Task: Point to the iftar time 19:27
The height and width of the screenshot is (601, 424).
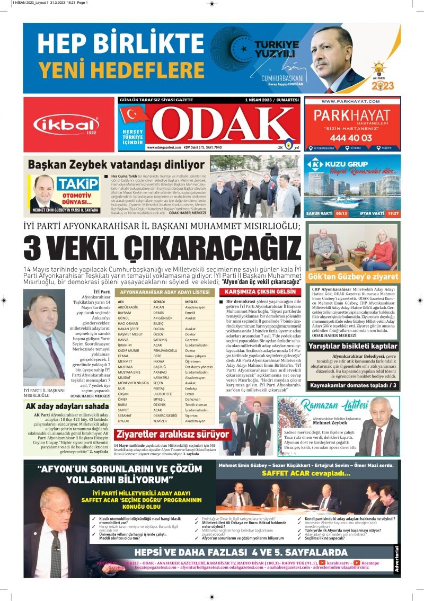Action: tap(393, 213)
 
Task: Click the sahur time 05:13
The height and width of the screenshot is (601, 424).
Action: tap(341, 213)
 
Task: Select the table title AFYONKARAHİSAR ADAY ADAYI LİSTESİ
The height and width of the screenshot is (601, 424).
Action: tap(165, 292)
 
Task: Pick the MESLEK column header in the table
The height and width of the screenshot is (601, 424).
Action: tap(192, 301)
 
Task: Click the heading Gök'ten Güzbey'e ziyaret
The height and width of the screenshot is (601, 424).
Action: tap(352, 277)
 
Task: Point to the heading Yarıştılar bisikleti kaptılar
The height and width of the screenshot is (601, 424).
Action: tap(352, 346)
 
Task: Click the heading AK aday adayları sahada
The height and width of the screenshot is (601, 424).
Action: tap(67, 406)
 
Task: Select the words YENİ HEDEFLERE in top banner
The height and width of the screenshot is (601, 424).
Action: tap(114, 69)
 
